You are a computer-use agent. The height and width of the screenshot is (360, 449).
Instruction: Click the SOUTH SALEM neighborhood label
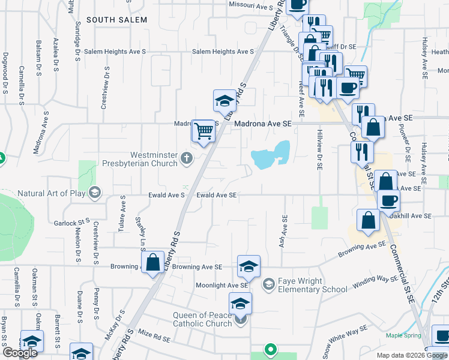pyautogui.click(x=116, y=20)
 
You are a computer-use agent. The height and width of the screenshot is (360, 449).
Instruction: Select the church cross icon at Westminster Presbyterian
pyautogui.click(x=187, y=159)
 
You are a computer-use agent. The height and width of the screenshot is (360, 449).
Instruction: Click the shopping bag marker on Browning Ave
pyautogui.click(x=153, y=262)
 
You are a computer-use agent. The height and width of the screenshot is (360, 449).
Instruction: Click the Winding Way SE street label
pyautogui.click(x=375, y=282)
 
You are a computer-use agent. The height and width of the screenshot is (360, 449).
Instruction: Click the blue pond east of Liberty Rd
pyautogui.click(x=271, y=157)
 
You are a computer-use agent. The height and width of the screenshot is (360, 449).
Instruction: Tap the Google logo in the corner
pyautogui.click(x=20, y=353)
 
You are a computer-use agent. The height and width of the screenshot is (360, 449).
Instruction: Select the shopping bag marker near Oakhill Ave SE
pyautogui.click(x=367, y=220)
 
